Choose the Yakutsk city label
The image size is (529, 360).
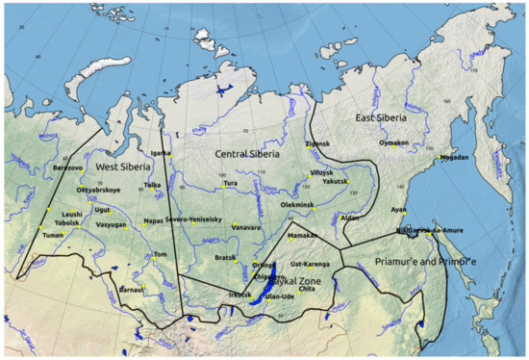(x=336, y=181)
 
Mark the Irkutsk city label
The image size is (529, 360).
(x=239, y=294)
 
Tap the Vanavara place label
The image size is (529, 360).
(x=247, y=226)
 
